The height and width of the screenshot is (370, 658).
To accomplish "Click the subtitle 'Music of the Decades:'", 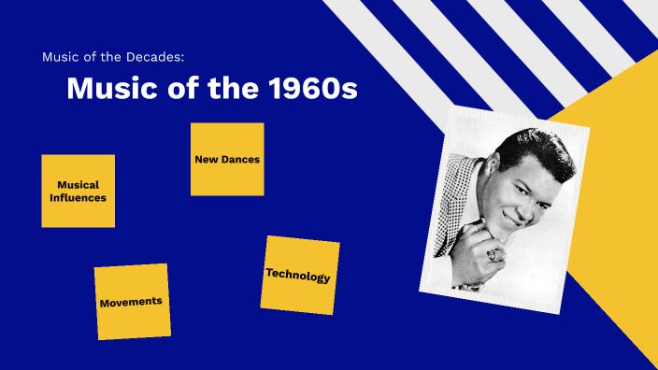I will [119, 57].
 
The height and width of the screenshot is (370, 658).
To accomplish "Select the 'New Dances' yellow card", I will [227, 159].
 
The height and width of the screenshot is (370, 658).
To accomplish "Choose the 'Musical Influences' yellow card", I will [79, 191].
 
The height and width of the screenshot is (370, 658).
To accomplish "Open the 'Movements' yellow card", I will [132, 302].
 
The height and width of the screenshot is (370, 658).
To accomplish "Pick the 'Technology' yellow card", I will [299, 275].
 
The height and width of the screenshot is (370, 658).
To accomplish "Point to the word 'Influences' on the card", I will [79, 198].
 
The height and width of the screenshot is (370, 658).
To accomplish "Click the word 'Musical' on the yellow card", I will [79, 185].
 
